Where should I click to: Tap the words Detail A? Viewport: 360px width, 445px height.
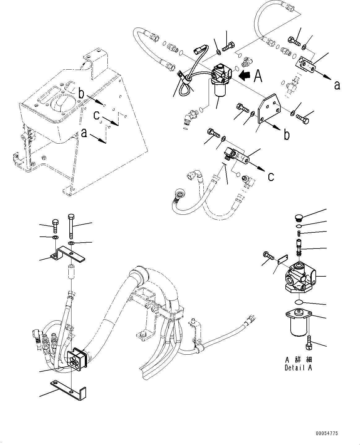point(298,368)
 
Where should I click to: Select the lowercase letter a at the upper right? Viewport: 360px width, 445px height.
point(337,85)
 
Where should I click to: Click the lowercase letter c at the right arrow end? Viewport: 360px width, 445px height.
point(271,176)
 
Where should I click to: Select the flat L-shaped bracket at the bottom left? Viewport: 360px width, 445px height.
point(70,388)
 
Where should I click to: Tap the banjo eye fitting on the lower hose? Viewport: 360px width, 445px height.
point(179,195)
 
